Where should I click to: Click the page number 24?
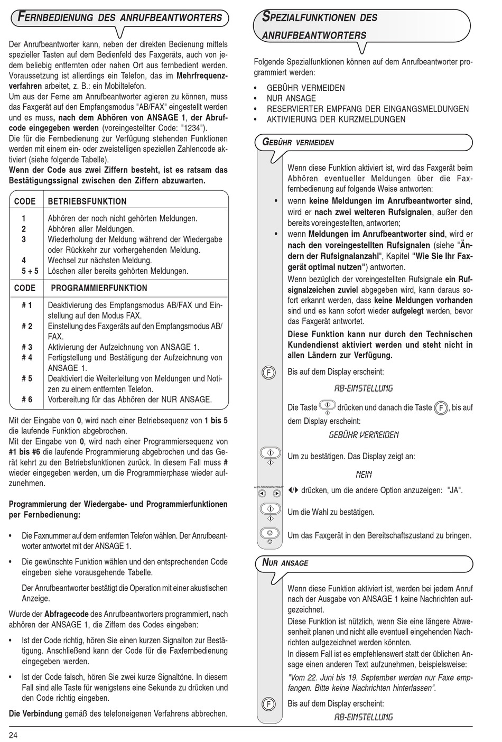click(13, 735)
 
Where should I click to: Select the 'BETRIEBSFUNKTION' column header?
click(87, 201)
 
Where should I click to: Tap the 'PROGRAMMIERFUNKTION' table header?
click(99, 288)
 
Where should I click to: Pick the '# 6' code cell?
click(27, 400)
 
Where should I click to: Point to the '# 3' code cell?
click(27, 347)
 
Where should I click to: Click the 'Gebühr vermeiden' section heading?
click(299, 143)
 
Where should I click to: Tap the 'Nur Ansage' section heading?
click(285, 563)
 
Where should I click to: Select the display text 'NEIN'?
click(364, 475)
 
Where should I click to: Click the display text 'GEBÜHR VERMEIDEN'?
click(364, 435)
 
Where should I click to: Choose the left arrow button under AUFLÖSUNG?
click(262, 494)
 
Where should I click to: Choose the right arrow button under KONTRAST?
click(277, 494)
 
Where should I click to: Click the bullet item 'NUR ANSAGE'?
click(291, 98)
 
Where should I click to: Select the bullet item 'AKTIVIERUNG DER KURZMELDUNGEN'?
click(336, 119)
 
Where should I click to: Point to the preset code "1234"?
click(191, 128)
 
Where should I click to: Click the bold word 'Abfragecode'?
click(66, 614)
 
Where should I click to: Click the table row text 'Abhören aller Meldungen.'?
click(91, 229)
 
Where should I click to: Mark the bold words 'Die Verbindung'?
click(36, 713)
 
